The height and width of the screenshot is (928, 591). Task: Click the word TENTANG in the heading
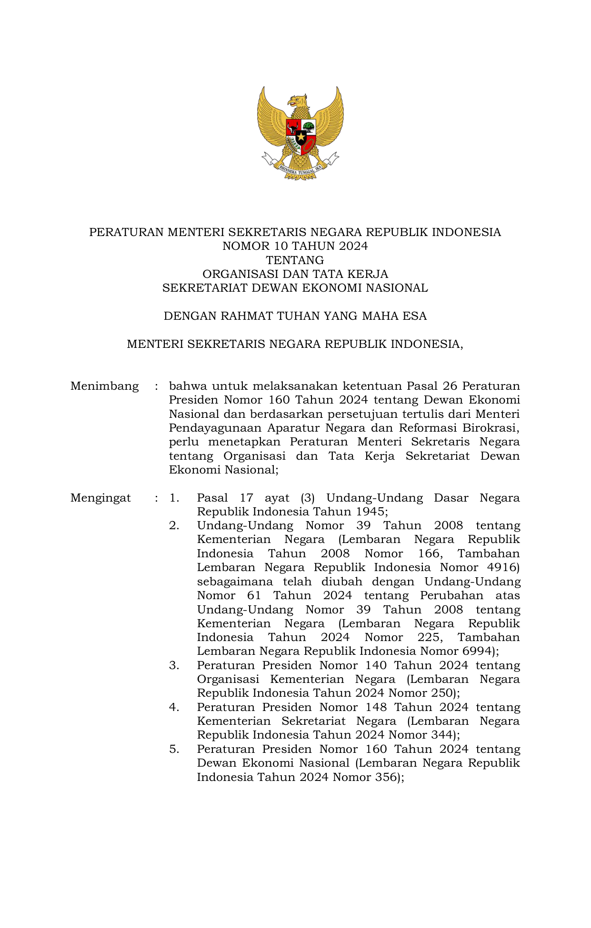(x=295, y=260)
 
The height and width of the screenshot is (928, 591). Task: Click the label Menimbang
(x=104, y=386)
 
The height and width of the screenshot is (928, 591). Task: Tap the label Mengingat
(x=100, y=498)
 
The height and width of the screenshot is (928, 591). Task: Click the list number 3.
(x=174, y=665)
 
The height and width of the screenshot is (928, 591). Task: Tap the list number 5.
(x=174, y=749)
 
